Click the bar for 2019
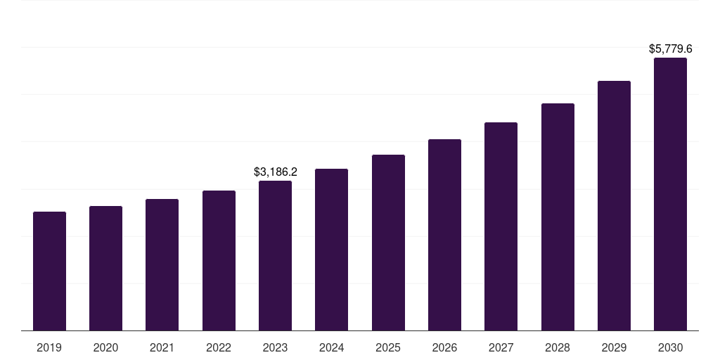[x=49, y=271]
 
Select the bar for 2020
[x=105, y=268]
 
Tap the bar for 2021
[x=162, y=264]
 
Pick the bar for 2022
[x=219, y=260]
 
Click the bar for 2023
[x=275, y=255]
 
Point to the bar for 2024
[x=331, y=250]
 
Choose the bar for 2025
[x=388, y=243]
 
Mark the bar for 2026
[x=444, y=235]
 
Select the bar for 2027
[x=501, y=226]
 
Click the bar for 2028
[x=558, y=217]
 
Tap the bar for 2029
[x=614, y=205]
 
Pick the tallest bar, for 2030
[x=670, y=194]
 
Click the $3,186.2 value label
[x=275, y=172]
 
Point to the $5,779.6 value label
[x=670, y=49]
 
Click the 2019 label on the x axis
[x=49, y=347]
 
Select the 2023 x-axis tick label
[x=275, y=347]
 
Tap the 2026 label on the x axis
[x=444, y=347]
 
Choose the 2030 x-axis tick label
[x=670, y=347]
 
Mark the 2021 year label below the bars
[x=162, y=347]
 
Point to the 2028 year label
[x=558, y=347]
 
